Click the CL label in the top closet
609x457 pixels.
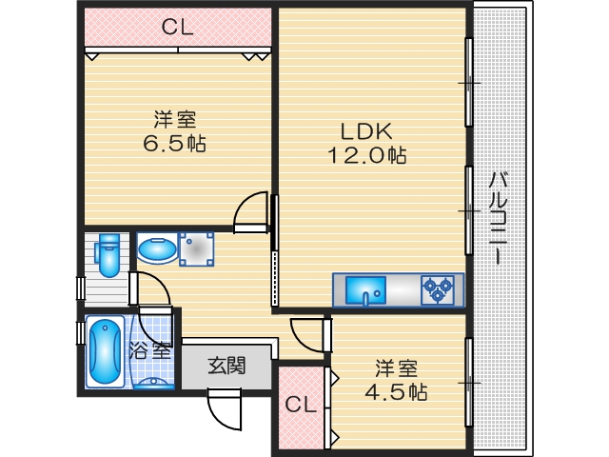click(x=177, y=28)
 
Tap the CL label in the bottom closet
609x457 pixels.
click(x=300, y=405)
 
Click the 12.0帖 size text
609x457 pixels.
click(x=367, y=155)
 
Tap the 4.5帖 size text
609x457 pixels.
click(x=396, y=391)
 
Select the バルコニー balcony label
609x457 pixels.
click(x=497, y=219)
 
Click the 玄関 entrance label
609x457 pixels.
click(x=227, y=364)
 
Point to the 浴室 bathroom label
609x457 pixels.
click(x=151, y=349)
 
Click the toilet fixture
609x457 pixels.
click(x=108, y=255)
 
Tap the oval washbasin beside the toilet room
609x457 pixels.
click(x=155, y=250)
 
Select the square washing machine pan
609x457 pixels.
click(x=197, y=250)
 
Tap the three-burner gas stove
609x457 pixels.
click(x=439, y=288)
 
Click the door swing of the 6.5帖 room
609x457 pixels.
click(x=253, y=211)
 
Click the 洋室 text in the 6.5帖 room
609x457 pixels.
click(x=175, y=120)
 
